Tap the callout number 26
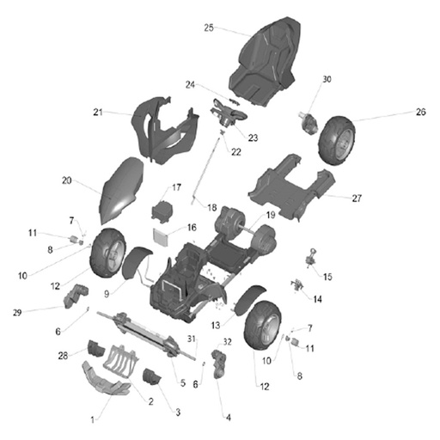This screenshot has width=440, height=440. pyautogui.click(x=420, y=112)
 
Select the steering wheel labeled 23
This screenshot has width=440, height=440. pyautogui.click(x=229, y=113)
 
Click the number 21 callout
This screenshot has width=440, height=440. pyautogui.click(x=98, y=112)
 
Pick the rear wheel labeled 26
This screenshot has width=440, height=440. pyautogui.click(x=337, y=140)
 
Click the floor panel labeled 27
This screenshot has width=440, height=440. pyautogui.click(x=291, y=187)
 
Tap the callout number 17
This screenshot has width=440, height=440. pyautogui.click(x=176, y=187)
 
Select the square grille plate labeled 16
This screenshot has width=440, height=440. pyautogui.click(x=161, y=236)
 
